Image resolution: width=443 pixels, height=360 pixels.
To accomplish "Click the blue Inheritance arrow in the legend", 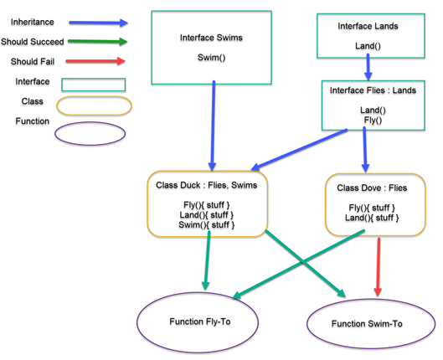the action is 98,23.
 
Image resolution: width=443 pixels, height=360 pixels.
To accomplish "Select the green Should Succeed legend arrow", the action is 98,42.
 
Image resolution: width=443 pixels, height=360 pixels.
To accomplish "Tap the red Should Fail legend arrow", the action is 95,61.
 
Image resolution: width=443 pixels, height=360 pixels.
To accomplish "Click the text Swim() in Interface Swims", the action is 211,58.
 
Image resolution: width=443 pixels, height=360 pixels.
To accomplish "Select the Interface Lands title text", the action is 368,26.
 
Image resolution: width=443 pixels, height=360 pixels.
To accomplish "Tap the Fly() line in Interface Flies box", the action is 373,121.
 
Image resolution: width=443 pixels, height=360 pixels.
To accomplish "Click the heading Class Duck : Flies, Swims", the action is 207,185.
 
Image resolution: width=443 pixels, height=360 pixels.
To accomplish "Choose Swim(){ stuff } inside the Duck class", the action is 207,225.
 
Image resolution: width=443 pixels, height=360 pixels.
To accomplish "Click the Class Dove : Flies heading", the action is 372,188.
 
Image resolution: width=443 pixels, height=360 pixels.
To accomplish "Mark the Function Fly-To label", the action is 200,321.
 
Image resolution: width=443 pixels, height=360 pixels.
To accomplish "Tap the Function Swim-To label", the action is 367,323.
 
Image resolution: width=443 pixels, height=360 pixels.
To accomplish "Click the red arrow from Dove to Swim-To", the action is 379,267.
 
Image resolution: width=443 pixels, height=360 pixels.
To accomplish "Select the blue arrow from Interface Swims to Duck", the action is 213,126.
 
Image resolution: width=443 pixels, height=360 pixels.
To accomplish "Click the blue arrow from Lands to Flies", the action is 368,67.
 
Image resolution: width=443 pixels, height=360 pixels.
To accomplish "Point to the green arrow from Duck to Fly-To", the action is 207,260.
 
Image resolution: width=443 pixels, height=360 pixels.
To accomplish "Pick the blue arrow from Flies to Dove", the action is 365,150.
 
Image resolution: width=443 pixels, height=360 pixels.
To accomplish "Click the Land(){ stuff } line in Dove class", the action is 372,218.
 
